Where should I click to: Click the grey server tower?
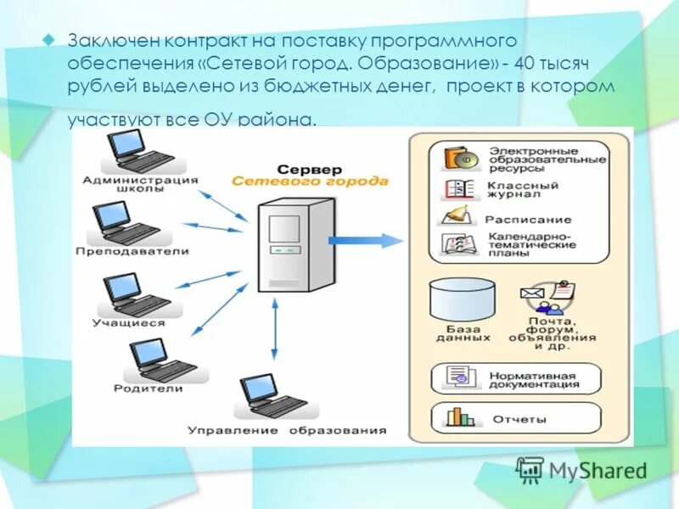point(287,243)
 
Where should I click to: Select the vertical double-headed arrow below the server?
point(274,332)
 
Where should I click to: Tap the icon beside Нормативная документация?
point(458,378)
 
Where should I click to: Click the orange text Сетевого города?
point(310,182)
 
